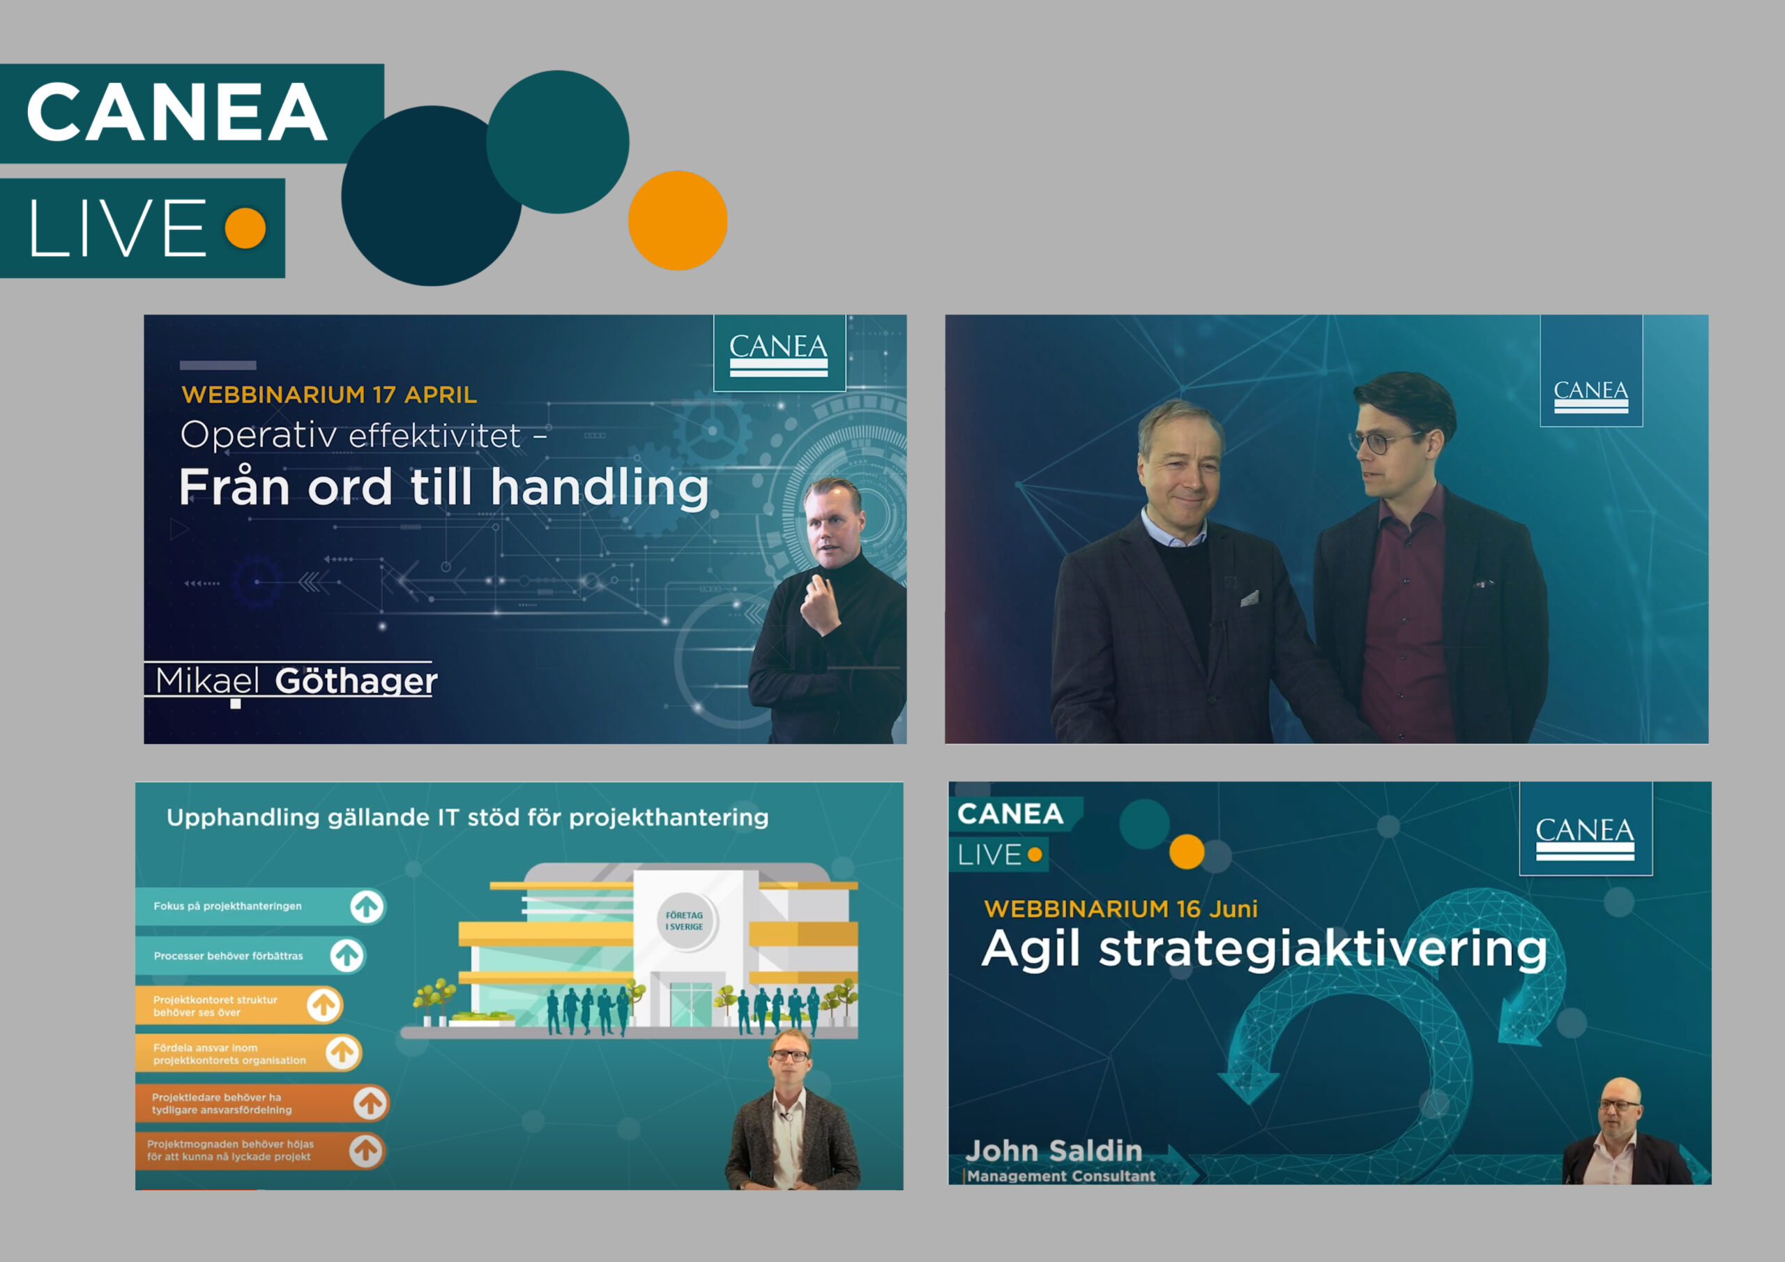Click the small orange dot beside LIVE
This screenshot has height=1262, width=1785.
(245, 228)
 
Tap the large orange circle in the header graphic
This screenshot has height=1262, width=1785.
(678, 221)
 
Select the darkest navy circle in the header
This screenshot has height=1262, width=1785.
(432, 196)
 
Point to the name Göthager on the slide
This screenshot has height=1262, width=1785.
(356, 681)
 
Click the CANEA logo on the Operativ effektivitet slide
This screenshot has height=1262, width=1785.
(779, 353)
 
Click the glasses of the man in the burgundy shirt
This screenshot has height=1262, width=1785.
(1388, 441)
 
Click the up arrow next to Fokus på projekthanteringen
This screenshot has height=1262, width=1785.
(367, 906)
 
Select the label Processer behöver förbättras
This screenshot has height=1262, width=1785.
(229, 956)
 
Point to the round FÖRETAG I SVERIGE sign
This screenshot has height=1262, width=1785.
(685, 920)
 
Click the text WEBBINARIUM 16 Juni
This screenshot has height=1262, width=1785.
(1121, 909)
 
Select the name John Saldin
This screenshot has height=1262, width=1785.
(1054, 1151)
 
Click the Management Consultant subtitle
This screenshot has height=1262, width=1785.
(1061, 1176)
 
